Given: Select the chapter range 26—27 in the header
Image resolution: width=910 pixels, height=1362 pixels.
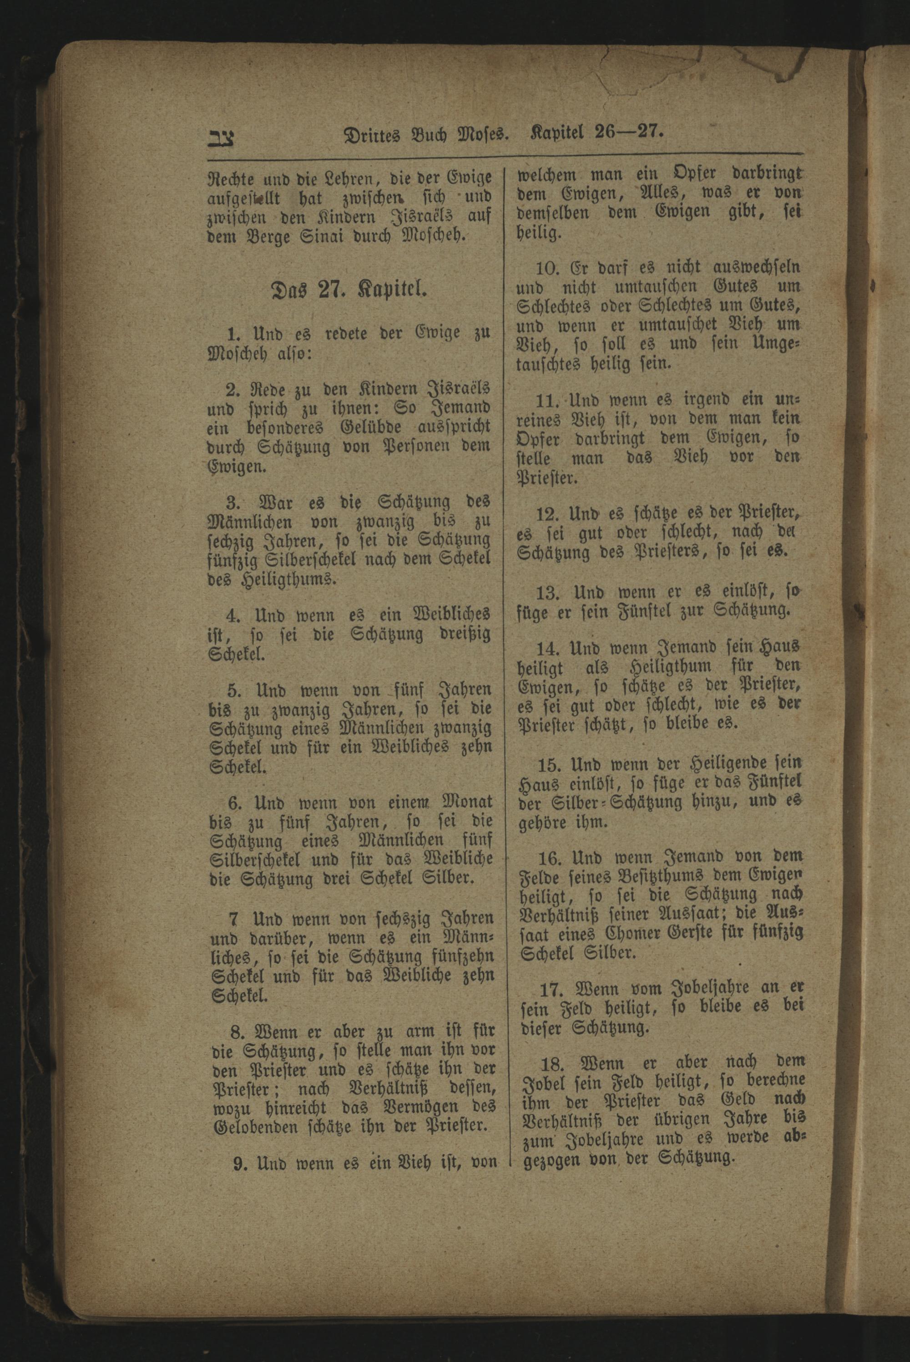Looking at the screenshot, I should coord(628,132).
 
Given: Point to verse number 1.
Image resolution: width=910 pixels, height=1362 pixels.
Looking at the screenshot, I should coord(233,334).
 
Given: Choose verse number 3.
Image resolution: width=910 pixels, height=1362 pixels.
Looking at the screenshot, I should coord(233,501).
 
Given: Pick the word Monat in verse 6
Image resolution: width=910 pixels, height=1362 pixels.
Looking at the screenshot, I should coord(467,803).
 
